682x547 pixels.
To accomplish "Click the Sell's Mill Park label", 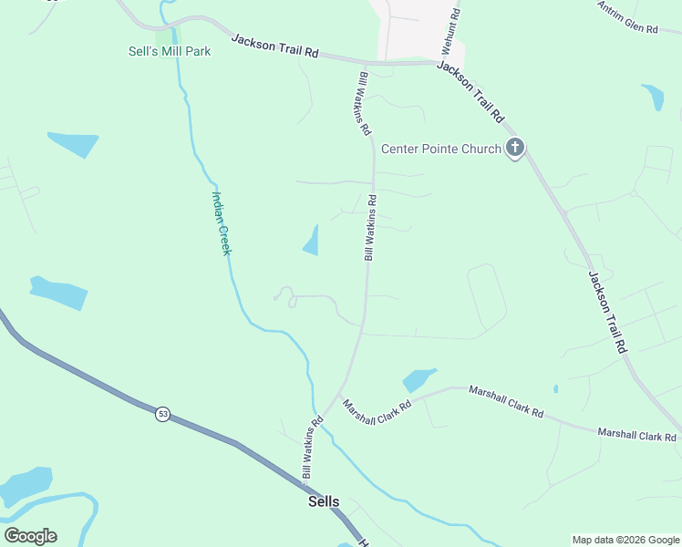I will coord(170,51).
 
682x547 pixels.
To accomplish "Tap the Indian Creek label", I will coord(221,222).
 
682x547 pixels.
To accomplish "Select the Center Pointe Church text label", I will coord(441,150).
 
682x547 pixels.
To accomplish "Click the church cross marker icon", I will coord(515,147).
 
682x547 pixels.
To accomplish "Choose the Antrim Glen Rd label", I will coord(627,16).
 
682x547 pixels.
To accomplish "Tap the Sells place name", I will coord(324,501).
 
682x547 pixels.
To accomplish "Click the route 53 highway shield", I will coord(162,414).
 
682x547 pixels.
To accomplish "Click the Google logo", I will coord(30,536).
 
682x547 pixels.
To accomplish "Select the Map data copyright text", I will coord(625,540).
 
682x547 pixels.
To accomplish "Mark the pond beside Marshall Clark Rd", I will coord(418,378).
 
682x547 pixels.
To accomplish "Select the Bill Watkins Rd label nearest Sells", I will coord(313,448).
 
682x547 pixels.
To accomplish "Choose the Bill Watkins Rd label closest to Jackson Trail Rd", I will coord(364,104).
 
